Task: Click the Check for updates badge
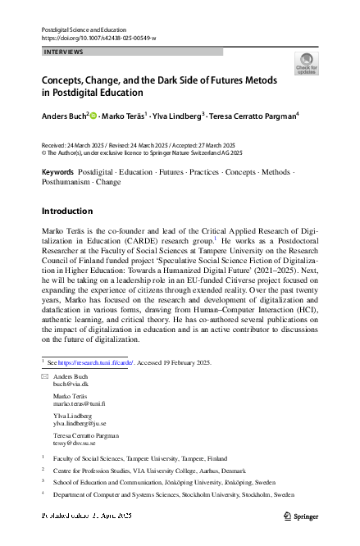tap(307, 64)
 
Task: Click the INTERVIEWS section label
tap(62, 52)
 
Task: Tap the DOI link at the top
tap(98, 38)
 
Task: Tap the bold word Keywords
tap(57, 173)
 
